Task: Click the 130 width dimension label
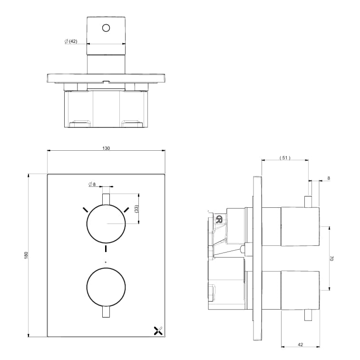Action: [x=106, y=148]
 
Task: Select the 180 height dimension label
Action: [x=27, y=255]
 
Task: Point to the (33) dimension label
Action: [x=136, y=208]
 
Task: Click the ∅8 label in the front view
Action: [x=92, y=184]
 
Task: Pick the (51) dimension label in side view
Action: [x=284, y=157]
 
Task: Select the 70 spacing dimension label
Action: [x=332, y=258]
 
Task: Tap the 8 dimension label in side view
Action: [x=328, y=178]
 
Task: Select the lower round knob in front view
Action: [x=106, y=287]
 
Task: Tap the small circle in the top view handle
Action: [x=106, y=28]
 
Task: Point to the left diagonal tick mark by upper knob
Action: [x=85, y=209]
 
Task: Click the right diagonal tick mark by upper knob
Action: [x=127, y=209]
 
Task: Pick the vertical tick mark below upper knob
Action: [x=106, y=249]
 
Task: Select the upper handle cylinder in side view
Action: [x=300, y=227]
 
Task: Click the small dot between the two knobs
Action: [x=106, y=262]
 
